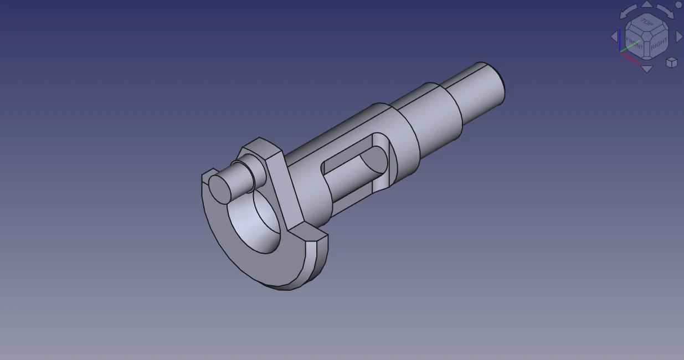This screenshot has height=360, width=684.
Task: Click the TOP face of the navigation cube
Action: coord(646,23)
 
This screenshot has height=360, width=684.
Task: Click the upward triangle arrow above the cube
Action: coord(646,4)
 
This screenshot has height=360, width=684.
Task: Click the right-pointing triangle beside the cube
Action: coord(679,37)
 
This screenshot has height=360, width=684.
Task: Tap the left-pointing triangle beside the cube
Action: coord(614,37)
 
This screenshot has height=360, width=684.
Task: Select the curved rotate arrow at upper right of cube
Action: coord(665,12)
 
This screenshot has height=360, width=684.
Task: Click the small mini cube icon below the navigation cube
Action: coord(671,62)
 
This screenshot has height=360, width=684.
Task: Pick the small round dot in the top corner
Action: coord(679,4)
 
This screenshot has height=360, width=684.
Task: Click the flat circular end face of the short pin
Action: coord(220,187)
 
